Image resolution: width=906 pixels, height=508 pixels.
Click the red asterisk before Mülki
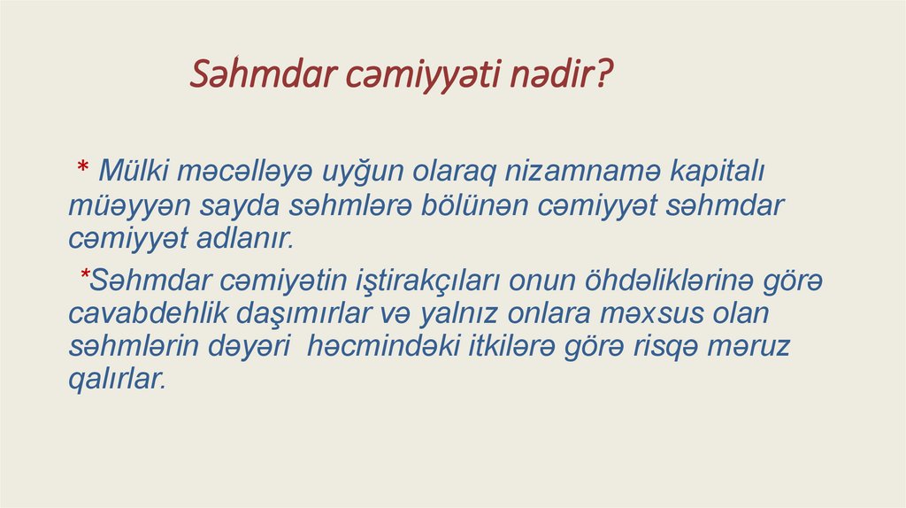click(81, 169)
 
